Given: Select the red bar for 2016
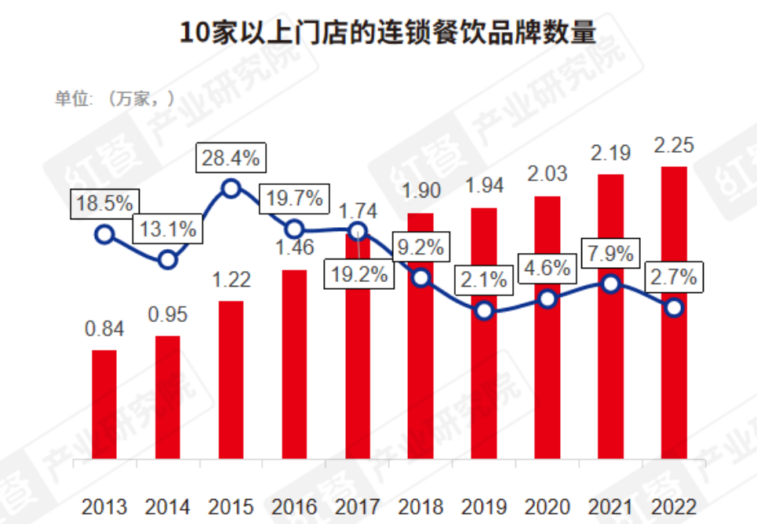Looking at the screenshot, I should pos(294,364).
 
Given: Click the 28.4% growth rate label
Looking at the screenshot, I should pos(230,158).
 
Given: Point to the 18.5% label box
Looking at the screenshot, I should pos(103,204).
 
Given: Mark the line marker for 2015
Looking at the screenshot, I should pos(231,188).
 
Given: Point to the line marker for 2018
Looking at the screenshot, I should pos(421,278).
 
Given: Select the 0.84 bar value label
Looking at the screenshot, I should pos(104,330).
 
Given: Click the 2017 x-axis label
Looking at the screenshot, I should pos(357,506).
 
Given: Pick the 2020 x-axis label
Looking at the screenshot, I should pos(548,506).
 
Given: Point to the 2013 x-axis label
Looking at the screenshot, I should pos(104,506).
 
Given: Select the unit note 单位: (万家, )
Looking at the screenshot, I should pos(114,99).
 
